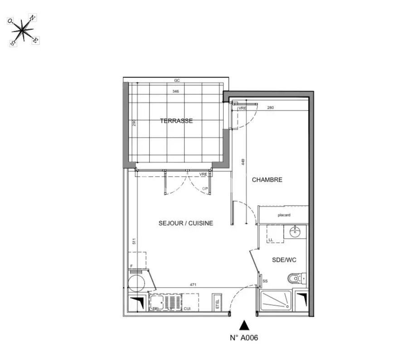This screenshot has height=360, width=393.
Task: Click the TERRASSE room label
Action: (x=176, y=121)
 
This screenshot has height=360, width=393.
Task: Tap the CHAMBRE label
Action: (x=267, y=180)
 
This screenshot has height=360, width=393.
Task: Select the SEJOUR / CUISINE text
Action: (x=186, y=223)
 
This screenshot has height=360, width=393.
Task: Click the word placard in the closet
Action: (x=284, y=215)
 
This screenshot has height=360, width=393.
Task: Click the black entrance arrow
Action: (x=244, y=325)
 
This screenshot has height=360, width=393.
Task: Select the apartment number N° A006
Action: (x=244, y=337)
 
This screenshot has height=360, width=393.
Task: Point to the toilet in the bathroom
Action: (x=295, y=278)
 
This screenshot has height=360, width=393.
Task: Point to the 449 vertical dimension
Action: (x=243, y=162)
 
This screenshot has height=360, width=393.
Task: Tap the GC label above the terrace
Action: (x=177, y=81)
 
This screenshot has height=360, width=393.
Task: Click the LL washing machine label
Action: (x=271, y=240)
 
